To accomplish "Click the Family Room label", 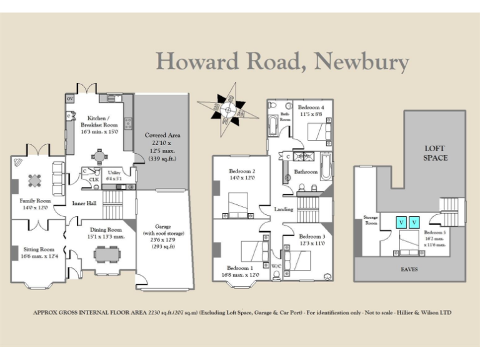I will click(x=35, y=201).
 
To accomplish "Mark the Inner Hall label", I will click(x=84, y=203).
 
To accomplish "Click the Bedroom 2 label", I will click(x=242, y=171).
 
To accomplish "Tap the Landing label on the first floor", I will click(x=283, y=209).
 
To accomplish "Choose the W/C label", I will click(x=276, y=266).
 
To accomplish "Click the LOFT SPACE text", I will click(x=436, y=153).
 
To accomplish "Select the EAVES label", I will click(x=410, y=269).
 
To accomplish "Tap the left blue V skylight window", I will click(x=401, y=222).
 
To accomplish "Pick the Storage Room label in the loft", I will click(x=371, y=219).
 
